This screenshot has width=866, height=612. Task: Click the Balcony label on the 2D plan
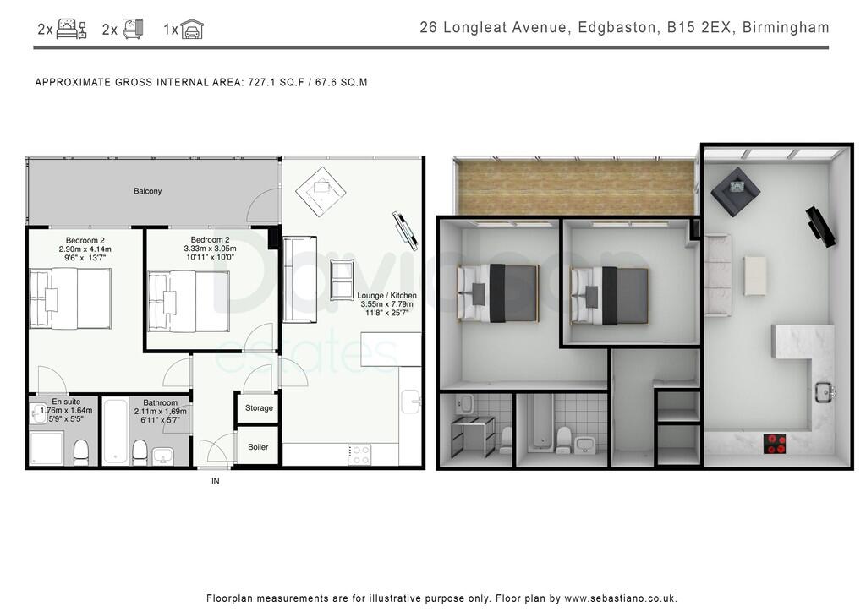coord(147,191)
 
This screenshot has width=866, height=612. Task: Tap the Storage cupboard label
coord(259,407)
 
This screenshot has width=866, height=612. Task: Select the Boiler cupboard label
coord(258,446)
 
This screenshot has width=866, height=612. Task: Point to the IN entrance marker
coord(215,481)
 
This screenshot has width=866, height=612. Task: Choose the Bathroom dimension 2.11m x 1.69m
coord(161,412)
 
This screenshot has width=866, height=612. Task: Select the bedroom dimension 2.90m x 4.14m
coord(85,249)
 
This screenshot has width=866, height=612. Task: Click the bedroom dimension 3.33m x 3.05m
coord(209,249)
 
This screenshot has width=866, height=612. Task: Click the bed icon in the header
coord(73,30)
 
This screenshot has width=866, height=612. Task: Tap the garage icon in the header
coord(193,30)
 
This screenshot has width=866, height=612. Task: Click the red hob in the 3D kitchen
coord(775,442)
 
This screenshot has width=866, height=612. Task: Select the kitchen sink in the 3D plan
coord(824,391)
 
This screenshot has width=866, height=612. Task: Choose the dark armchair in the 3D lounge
coord(730,190)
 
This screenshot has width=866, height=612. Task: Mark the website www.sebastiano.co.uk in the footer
coord(620,598)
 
